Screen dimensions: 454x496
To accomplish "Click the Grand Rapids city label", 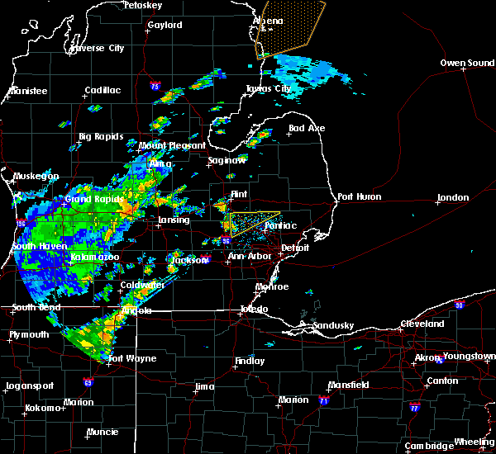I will (x=94, y=199).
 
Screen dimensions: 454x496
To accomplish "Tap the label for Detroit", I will (x=294, y=248).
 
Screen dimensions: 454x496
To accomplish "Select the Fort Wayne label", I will (x=127, y=357).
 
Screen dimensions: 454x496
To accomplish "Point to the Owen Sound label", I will (x=467, y=63).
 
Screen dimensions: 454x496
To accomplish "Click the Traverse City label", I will (x=98, y=48).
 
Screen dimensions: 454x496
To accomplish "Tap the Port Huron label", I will (x=357, y=196).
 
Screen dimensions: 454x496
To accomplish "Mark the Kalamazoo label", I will (x=94, y=258).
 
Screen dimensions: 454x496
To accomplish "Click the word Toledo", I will (x=253, y=309).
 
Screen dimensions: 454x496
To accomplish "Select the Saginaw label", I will (x=227, y=161).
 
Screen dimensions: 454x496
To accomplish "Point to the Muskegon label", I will (x=36, y=176).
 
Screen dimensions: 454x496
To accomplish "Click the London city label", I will (x=453, y=197).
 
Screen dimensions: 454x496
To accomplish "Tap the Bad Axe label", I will (x=306, y=128).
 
